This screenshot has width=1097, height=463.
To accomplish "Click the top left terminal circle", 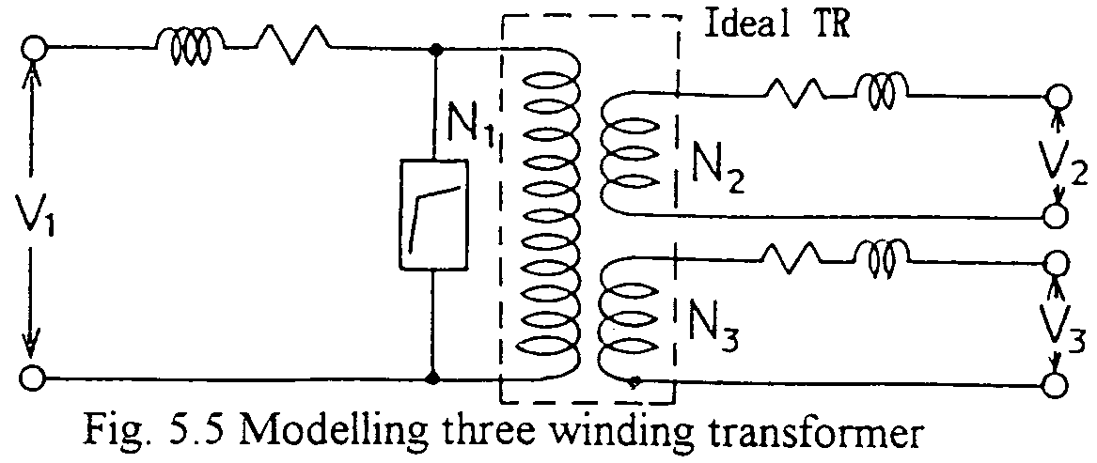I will coord(34,47).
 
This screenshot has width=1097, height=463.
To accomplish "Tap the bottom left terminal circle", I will coord(34,379).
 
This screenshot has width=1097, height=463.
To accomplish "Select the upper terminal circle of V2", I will coord(1058,97).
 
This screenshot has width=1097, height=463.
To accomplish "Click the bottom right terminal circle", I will coord(1057,386).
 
